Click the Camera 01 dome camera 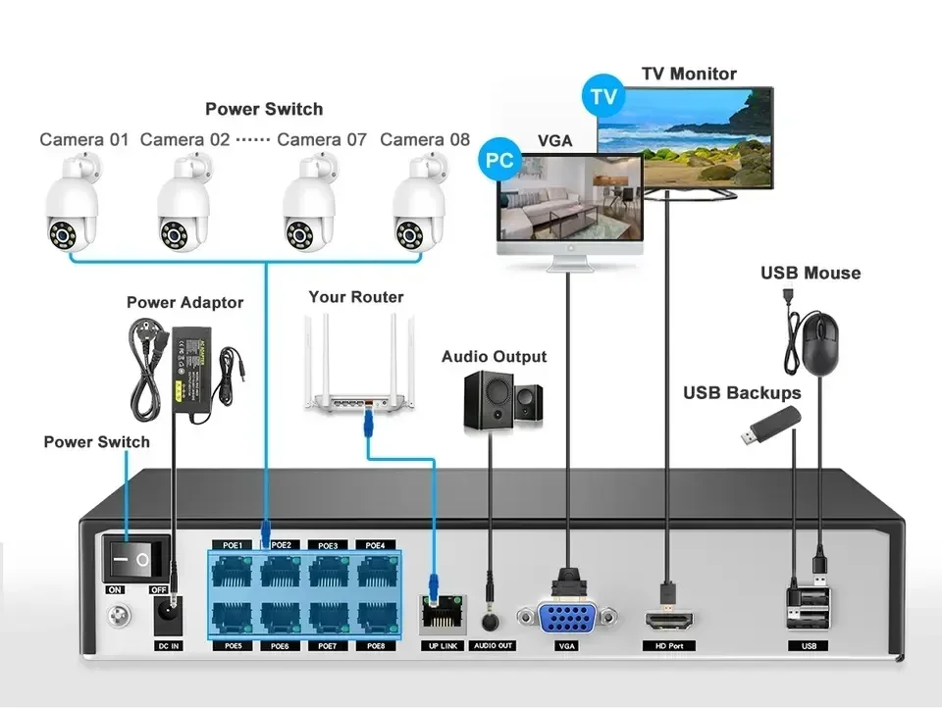tap(71, 210)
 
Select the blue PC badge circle tap(500, 161)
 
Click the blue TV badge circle tap(603, 97)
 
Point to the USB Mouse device tap(819, 345)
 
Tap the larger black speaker tap(489, 399)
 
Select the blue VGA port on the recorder tap(565, 619)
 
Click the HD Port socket tap(668, 620)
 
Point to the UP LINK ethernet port tap(438, 614)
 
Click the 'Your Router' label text tap(355, 296)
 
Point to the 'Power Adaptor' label tap(184, 302)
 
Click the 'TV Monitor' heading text tap(689, 74)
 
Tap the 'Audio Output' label tap(494, 356)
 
